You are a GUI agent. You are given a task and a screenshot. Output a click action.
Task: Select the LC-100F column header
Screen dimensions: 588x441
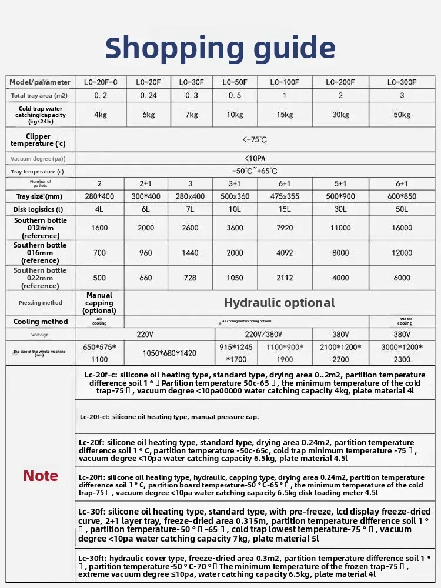[285, 82]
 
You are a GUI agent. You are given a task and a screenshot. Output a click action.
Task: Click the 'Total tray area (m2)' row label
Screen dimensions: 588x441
[41, 95]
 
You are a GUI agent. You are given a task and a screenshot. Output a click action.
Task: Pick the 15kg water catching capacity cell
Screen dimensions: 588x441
[285, 115]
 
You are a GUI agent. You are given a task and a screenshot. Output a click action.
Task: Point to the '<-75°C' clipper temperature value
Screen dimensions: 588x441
[255, 140]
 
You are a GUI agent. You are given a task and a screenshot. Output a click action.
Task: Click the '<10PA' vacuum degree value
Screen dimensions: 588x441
[255, 158]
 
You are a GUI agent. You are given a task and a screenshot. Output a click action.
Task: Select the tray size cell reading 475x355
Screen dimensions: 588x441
[285, 196]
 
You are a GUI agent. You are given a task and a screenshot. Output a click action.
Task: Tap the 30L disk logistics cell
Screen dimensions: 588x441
[340, 209]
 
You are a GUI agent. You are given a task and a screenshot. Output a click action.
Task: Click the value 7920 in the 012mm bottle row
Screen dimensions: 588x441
[285, 228]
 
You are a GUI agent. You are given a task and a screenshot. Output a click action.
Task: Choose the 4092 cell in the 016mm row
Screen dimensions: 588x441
[285, 253]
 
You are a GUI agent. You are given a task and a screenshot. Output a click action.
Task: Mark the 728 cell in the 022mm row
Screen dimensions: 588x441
[191, 278]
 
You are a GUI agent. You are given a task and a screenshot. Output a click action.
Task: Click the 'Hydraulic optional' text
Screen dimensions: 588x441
[279, 303]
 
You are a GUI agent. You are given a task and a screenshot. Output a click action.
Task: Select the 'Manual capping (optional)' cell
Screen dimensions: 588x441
[99, 303]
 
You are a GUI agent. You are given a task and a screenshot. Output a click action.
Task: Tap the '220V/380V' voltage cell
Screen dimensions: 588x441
[256, 335]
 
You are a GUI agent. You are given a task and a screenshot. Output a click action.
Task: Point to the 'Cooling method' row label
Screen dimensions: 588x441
[41, 322]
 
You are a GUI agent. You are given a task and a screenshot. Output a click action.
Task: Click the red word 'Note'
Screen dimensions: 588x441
[41, 476]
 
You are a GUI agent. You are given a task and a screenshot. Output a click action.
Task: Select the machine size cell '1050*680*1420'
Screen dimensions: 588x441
[169, 353]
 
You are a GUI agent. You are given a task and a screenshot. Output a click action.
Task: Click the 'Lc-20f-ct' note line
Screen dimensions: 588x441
[169, 417]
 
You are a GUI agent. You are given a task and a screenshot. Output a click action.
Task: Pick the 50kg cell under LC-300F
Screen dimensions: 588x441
[402, 115]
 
